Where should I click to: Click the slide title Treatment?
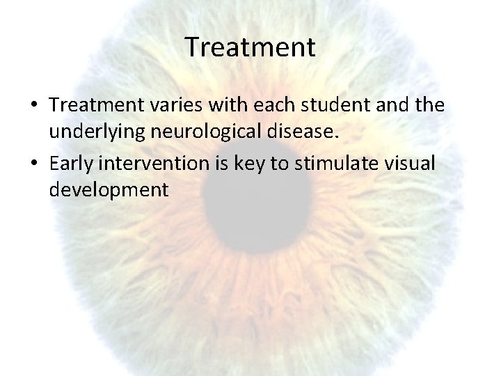(250, 48)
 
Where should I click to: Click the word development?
(109, 190)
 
